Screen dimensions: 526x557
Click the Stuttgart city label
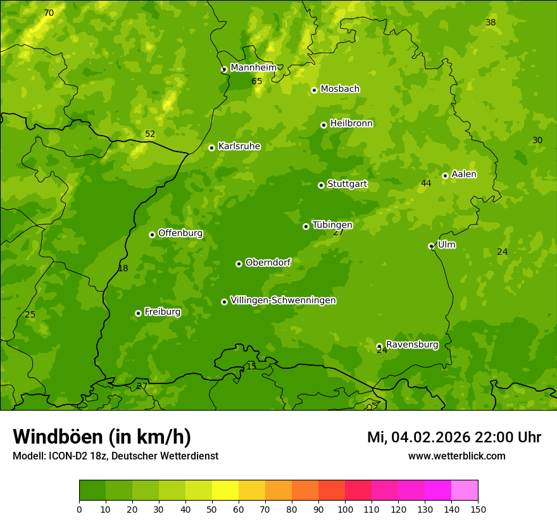tap(347, 184)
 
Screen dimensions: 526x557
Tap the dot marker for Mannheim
tap(224, 70)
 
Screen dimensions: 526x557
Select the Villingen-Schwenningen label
tap(283, 300)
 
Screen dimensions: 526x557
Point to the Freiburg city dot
tap(138, 313)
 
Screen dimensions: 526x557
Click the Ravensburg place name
tap(412, 345)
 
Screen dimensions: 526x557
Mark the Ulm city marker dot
tap(431, 246)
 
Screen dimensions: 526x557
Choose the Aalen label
tap(464, 174)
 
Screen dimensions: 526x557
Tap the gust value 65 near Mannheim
tap(256, 81)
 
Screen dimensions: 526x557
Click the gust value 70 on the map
tap(49, 13)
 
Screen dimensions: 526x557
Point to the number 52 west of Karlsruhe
tap(150, 134)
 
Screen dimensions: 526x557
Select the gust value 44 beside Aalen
tap(426, 183)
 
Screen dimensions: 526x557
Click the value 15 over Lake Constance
tap(251, 366)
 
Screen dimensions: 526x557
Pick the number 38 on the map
tap(491, 22)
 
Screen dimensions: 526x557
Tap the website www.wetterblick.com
tap(456, 456)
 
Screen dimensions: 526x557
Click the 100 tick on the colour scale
tap(345, 509)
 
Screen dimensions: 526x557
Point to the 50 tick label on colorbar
tap(212, 509)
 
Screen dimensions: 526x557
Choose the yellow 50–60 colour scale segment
tap(225, 490)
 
